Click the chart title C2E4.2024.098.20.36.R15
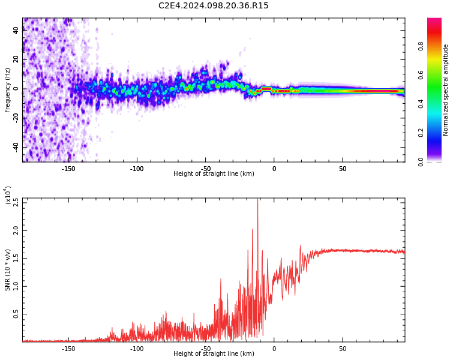[x=213, y=6]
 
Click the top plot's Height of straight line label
[x=214, y=174]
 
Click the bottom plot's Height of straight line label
[x=214, y=354]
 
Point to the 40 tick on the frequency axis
[x=16, y=31]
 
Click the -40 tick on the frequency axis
[x=15, y=147]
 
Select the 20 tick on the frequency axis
[x=16, y=60]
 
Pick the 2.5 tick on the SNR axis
[x=16, y=202]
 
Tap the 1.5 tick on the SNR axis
[x=16, y=258]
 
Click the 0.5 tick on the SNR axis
[x=16, y=314]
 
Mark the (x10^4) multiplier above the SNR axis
[x=8, y=196]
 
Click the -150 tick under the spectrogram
[x=68, y=169]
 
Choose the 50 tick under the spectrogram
[x=343, y=169]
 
